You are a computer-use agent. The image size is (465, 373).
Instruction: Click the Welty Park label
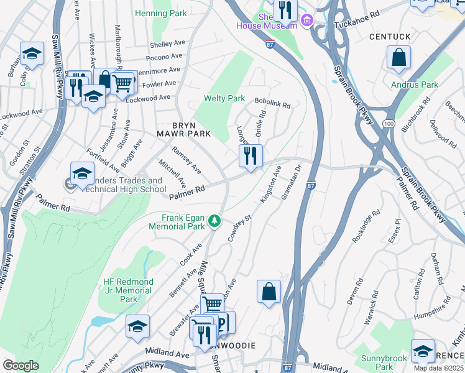pyautogui.click(x=224, y=99)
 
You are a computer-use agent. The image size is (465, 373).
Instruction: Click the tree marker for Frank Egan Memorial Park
pyautogui.click(x=214, y=221)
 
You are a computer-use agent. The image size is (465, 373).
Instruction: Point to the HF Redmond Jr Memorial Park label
pyautogui.click(x=128, y=290)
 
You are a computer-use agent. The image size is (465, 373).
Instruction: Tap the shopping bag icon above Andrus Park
pyautogui.click(x=398, y=58)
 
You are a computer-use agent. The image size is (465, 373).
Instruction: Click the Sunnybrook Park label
pyautogui.click(x=384, y=362)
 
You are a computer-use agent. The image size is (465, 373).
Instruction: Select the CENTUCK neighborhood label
pyautogui.click(x=390, y=37)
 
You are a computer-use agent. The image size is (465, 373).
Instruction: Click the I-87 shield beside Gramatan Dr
pyautogui.click(x=311, y=185)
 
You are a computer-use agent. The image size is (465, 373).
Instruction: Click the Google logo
pyautogui.click(x=21, y=366)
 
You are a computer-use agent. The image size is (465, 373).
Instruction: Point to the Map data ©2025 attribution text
pyautogui.click(x=439, y=368)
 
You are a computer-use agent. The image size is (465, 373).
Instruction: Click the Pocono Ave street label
pyautogui.click(x=164, y=57)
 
